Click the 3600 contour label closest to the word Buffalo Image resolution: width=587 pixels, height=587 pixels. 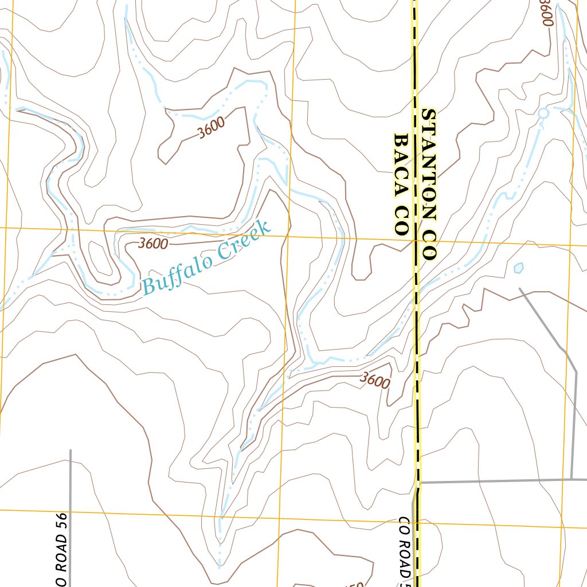coord(153,244)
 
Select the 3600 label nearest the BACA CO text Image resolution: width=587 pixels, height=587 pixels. coord(375,380)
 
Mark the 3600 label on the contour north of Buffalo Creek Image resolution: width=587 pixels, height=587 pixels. coord(210,127)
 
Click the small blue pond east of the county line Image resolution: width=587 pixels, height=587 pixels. coord(519,267)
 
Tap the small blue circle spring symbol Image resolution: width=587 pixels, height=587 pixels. coord(543,114)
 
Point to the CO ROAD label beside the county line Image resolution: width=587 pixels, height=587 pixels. coord(405,547)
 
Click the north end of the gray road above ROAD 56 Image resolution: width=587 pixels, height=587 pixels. coord(71,451)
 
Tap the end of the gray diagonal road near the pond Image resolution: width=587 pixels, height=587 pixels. coord(520,289)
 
